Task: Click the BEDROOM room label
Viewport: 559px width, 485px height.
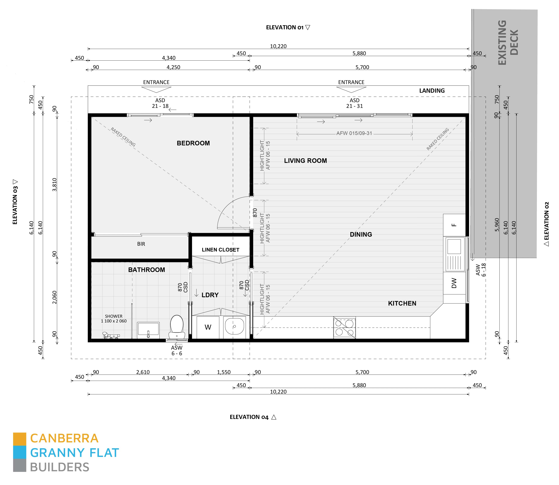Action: click(x=193, y=143)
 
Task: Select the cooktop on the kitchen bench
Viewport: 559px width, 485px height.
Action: click(x=344, y=327)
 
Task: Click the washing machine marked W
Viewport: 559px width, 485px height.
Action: click(x=208, y=327)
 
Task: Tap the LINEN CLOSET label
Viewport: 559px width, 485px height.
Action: click(x=220, y=250)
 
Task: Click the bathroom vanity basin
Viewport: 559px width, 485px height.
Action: click(x=148, y=330)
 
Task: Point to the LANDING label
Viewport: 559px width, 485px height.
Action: click(x=432, y=91)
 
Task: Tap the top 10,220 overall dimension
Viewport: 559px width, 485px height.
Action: click(x=278, y=46)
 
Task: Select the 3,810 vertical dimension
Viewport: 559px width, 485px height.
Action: click(x=55, y=185)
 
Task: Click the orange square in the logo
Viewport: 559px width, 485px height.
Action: click(x=20, y=439)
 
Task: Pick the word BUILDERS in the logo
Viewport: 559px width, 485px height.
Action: click(x=60, y=467)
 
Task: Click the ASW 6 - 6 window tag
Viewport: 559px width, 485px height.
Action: click(x=177, y=351)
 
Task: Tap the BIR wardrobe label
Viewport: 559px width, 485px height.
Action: click(x=141, y=244)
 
